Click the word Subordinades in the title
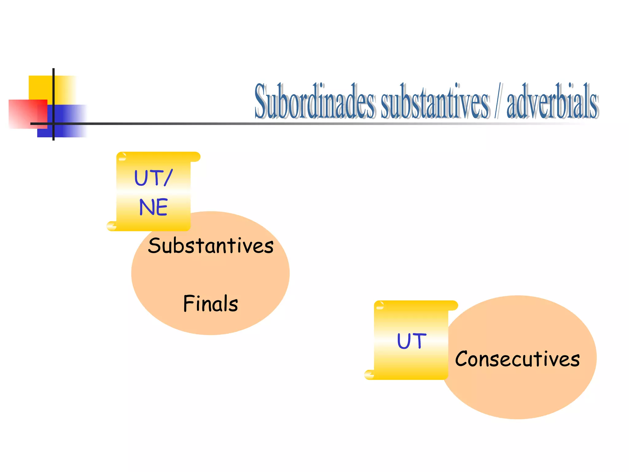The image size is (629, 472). pos(315,101)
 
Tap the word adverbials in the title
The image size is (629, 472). pos(552,101)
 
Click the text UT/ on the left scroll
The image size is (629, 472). pos(153,178)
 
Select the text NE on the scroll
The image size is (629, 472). pos(153,207)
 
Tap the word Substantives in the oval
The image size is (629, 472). pos(211,246)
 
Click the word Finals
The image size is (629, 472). pos(211,304)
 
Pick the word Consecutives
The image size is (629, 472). pos(518,359)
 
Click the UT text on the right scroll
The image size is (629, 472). pos(412,341)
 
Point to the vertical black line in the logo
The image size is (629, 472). pos(53,92)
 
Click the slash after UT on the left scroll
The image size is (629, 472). pos(168,178)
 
